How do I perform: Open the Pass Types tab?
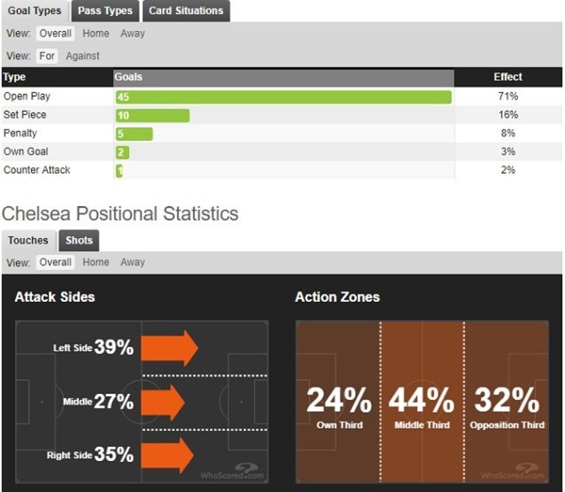(x=105, y=11)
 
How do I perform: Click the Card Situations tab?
(x=186, y=11)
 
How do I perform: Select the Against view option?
(x=83, y=56)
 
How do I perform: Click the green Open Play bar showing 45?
(x=284, y=97)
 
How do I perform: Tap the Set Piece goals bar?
(x=152, y=115)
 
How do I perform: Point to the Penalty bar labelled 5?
(x=134, y=134)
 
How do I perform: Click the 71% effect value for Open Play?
(x=508, y=96)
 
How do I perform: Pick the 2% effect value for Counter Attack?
(x=508, y=169)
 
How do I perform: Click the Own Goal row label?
(x=26, y=151)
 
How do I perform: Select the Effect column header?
(x=508, y=77)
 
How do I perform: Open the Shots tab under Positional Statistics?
(x=79, y=240)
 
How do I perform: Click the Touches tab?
(x=28, y=240)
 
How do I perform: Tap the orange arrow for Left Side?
(x=169, y=348)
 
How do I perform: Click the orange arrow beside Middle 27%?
(x=163, y=402)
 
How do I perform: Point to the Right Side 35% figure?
(x=113, y=454)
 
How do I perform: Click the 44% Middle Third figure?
(x=421, y=400)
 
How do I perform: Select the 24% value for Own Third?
(x=339, y=400)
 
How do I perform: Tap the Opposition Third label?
(x=507, y=425)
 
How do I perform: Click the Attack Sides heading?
(x=55, y=297)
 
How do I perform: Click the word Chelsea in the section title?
(x=36, y=214)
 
